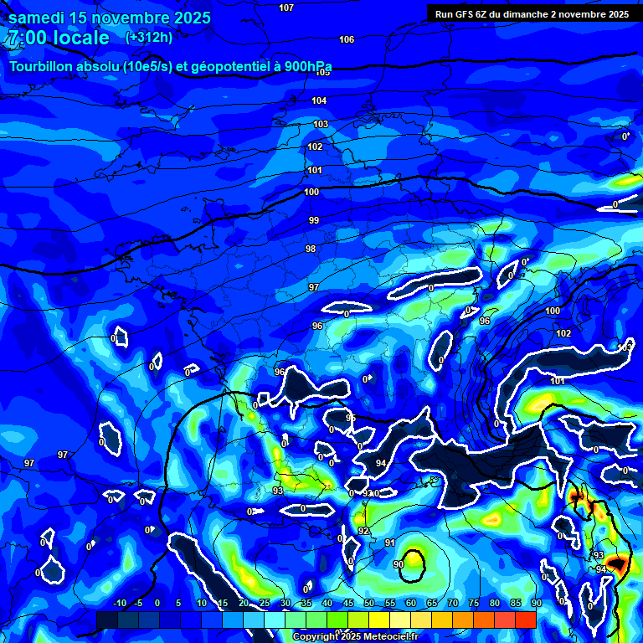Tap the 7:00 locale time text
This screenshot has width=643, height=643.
point(59,38)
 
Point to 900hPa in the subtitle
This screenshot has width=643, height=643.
point(305,67)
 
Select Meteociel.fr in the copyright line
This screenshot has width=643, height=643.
point(385,637)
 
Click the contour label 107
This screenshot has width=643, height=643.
point(286,8)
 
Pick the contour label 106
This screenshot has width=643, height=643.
point(347,39)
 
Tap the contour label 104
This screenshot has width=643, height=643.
point(319,100)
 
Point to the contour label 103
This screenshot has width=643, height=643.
point(321,124)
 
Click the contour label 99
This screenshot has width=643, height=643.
point(314,220)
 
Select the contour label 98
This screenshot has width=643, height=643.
point(311,249)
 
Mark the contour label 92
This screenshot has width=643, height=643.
point(363,531)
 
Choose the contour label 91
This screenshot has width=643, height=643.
point(390,543)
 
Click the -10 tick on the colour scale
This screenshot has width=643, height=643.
point(120,604)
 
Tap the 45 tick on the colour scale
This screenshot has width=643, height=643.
point(348,604)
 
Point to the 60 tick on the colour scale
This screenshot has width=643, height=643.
point(411,604)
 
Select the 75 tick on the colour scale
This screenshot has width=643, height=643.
point(474,604)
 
